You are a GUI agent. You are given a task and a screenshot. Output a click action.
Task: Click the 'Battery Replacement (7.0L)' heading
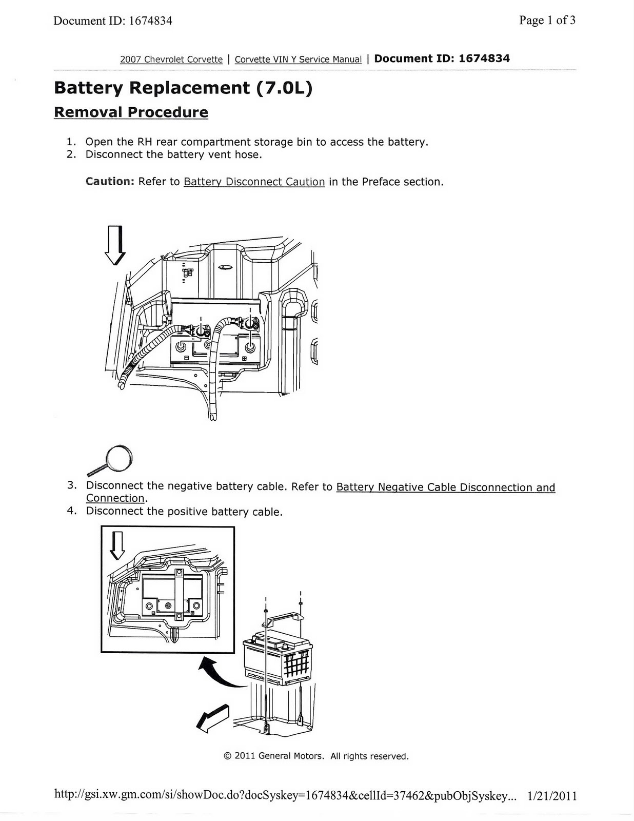tap(183, 88)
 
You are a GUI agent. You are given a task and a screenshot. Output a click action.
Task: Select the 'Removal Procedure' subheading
tap(131, 112)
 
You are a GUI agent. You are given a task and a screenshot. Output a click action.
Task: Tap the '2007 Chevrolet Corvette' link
tap(171, 60)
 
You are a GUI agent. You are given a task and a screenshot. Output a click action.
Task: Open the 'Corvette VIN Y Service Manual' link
tap(298, 60)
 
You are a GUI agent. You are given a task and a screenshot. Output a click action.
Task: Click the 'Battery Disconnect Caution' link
tap(254, 182)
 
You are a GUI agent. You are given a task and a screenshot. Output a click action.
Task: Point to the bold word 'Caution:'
tap(110, 182)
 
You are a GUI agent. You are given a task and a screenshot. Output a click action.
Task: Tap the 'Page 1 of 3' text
tap(547, 21)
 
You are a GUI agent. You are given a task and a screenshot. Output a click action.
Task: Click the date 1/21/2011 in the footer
tap(552, 796)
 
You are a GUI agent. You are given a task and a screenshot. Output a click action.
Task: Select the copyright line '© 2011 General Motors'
tap(316, 756)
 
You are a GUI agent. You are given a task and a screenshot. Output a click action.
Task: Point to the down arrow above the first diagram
tap(115, 245)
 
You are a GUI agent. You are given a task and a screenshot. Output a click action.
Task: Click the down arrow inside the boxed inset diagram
tap(118, 545)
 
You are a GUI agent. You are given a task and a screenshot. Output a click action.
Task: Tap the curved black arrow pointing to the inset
tap(218, 672)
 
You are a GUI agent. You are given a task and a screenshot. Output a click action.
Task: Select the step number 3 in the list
tap(72, 485)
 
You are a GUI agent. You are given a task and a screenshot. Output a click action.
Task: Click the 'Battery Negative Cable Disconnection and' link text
tap(445, 487)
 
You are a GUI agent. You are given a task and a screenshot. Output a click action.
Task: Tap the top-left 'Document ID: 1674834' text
tap(113, 21)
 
